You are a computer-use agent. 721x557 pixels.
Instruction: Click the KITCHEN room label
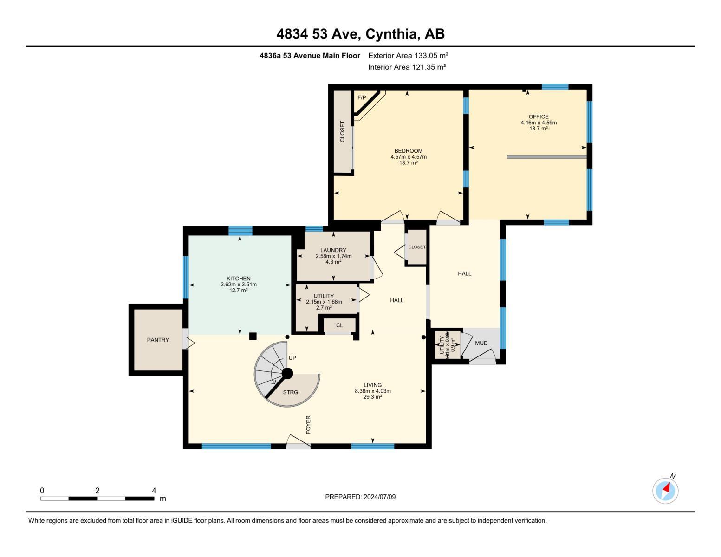click(239, 278)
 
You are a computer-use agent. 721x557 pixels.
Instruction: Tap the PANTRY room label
click(158, 340)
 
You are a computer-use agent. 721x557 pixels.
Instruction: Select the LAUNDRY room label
click(333, 250)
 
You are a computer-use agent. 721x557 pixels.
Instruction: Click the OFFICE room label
click(539, 117)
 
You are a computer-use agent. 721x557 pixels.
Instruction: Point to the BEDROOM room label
click(409, 151)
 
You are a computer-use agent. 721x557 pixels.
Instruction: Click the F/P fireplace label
click(362, 97)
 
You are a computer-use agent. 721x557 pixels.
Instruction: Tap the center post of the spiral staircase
click(287, 373)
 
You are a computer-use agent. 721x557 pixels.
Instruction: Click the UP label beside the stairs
click(292, 358)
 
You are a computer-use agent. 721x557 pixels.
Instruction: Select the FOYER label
click(308, 425)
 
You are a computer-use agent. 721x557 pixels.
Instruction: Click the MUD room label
click(481, 343)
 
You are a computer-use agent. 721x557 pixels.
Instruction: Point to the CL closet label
click(339, 325)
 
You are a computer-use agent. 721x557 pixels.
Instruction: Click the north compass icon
click(665, 490)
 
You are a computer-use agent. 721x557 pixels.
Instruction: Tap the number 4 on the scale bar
click(154, 491)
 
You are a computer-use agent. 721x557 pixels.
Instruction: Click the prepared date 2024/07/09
click(379, 497)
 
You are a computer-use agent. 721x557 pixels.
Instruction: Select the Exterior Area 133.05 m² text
click(408, 55)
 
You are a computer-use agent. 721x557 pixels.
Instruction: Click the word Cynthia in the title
click(387, 34)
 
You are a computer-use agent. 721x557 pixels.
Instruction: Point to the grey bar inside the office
click(546, 157)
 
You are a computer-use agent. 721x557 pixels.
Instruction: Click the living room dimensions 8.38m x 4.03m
click(373, 391)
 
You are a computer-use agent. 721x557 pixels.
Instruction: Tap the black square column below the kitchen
click(253, 336)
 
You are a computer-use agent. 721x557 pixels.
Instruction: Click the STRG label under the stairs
click(291, 392)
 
